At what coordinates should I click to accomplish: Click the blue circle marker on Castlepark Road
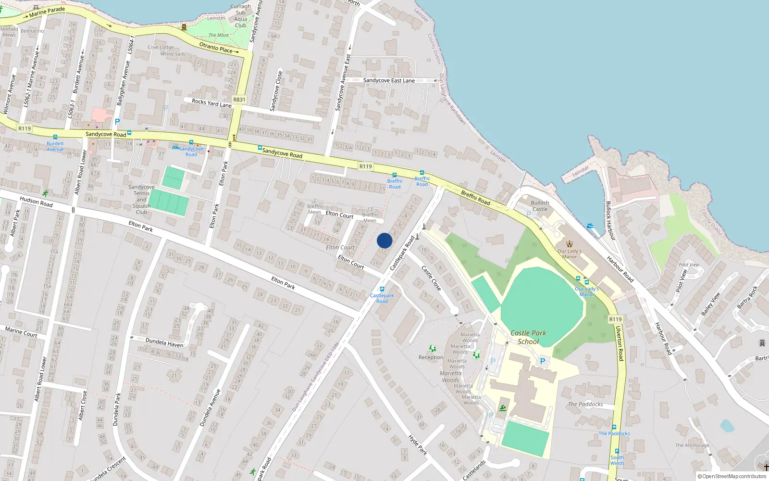pos(384,240)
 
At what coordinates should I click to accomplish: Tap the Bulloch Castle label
pos(540,206)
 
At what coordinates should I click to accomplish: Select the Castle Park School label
pos(528,337)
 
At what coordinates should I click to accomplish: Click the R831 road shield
pos(239,100)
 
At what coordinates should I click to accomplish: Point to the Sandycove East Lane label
pos(389,80)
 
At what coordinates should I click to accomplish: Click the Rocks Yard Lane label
pos(211,103)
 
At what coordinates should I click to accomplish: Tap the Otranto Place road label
pos(216,47)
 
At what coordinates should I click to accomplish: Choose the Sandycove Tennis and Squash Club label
pos(141,199)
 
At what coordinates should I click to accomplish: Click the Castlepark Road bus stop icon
pos(382,290)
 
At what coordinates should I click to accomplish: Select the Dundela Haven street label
pos(164,342)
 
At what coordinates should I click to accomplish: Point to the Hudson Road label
pos(36,202)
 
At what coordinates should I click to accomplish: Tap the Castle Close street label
pos(431,278)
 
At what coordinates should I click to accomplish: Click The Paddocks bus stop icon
pos(614,427)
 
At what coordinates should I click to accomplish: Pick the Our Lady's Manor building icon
pos(570,244)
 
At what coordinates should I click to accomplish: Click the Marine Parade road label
pos(47,12)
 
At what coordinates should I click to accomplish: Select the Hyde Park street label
pos(417,444)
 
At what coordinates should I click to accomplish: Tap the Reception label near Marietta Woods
pos(431,357)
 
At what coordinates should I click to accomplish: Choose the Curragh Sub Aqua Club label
pos(240,16)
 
